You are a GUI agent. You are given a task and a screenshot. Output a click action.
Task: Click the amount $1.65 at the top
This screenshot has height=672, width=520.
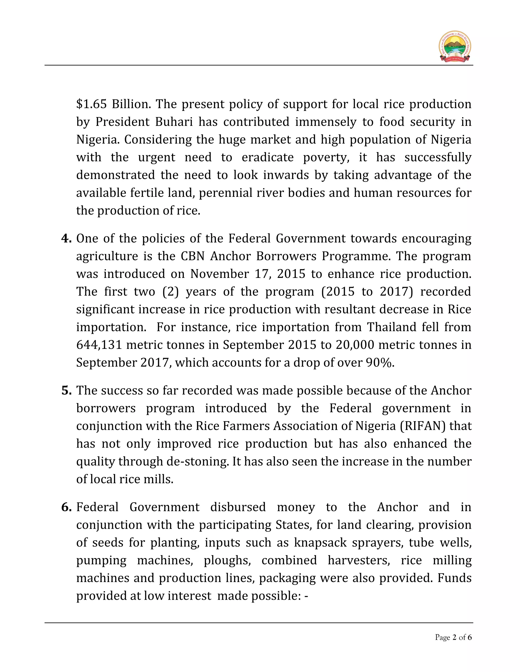pyautogui.click(x=91, y=104)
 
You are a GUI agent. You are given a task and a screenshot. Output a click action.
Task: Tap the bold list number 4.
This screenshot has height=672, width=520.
pyautogui.click(x=66, y=238)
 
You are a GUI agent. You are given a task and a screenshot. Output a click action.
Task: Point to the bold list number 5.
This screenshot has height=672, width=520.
pyautogui.click(x=66, y=391)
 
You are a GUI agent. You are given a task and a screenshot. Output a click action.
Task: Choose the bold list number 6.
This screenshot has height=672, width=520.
pyautogui.click(x=66, y=507)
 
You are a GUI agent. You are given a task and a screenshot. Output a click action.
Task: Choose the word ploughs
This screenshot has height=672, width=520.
pyautogui.click(x=227, y=560)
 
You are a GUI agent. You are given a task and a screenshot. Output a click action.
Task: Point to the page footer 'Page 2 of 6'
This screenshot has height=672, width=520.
pyautogui.click(x=453, y=637)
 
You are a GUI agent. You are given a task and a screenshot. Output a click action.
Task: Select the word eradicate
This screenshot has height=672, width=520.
pyautogui.click(x=267, y=157)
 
